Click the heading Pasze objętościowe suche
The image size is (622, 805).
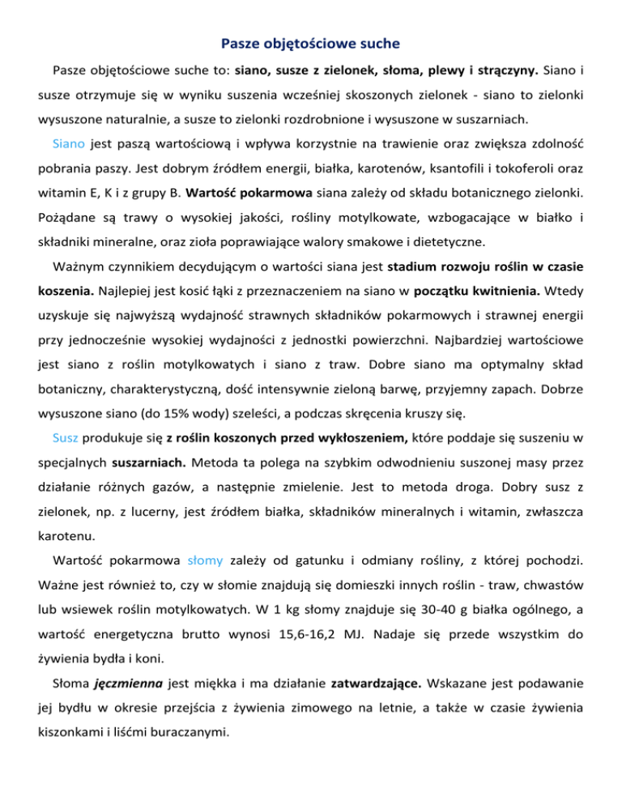pyautogui.click(x=311, y=40)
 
